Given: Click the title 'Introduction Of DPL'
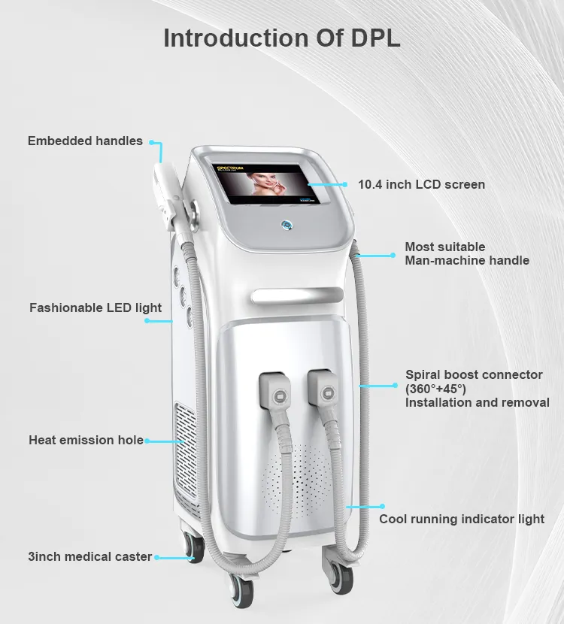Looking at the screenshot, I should tap(282, 38).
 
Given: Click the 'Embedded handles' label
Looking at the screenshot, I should tap(85, 141).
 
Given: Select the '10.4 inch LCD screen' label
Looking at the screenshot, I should tap(421, 184).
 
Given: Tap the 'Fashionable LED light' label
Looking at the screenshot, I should tap(96, 307).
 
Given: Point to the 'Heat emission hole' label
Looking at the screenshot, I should tap(86, 440).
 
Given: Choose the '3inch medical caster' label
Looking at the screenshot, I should tap(90, 557).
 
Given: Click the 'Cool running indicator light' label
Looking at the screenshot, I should tap(462, 519).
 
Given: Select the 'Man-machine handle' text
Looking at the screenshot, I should tap(467, 260).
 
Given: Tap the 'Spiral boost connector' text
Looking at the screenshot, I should tap(474, 374).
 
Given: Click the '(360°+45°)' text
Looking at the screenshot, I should tap(435, 389).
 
